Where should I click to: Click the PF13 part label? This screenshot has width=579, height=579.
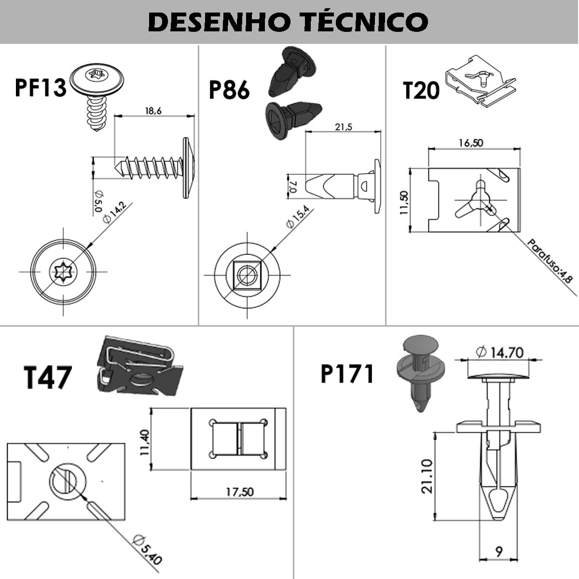(x=41, y=87)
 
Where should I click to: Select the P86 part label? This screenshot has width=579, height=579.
(x=229, y=89)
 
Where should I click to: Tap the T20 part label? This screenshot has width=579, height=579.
(x=421, y=90)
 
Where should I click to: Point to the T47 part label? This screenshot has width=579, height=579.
(x=47, y=377)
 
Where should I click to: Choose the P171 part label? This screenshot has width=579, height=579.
(x=347, y=374)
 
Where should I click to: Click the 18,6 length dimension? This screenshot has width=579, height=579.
(x=153, y=111)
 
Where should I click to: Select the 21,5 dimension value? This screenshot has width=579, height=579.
(x=344, y=127)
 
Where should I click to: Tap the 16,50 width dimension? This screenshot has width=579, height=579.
(x=471, y=143)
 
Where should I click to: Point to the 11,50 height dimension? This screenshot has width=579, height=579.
(x=404, y=203)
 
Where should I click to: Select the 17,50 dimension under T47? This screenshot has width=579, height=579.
(x=240, y=492)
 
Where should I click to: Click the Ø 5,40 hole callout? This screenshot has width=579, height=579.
(x=147, y=550)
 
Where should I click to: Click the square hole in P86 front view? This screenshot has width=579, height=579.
(x=247, y=275)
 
